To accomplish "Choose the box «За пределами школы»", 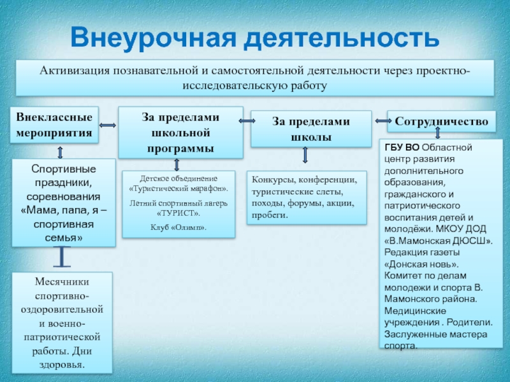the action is point(310,128).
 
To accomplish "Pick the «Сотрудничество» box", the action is point(441,120).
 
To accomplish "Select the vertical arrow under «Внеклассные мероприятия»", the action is point(59,152).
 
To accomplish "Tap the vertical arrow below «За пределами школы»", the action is point(305,156).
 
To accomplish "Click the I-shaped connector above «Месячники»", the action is point(62,257).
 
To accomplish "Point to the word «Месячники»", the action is point(62,281).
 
